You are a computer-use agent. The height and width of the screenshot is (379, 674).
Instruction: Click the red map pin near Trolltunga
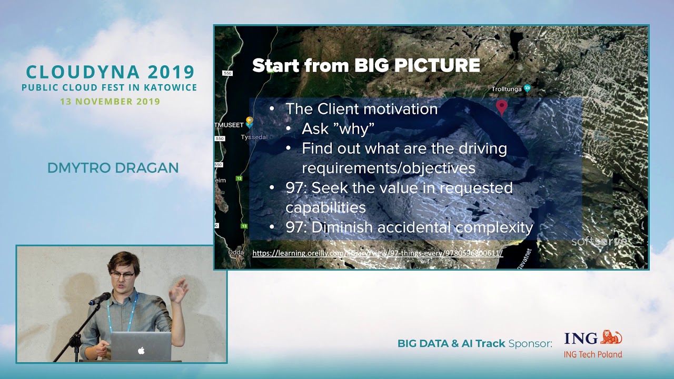pos(502,107)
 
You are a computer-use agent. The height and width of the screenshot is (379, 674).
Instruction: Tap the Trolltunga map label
pos(506,89)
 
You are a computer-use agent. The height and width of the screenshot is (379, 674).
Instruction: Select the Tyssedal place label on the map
pos(254,137)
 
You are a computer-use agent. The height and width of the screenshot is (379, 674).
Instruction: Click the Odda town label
pos(235,252)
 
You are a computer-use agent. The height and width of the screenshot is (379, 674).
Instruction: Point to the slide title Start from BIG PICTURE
pos(366,65)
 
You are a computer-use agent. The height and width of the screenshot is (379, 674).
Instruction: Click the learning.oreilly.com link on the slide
pos(378,253)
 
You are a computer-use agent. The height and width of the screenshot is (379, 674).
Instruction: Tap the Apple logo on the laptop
pos(141,350)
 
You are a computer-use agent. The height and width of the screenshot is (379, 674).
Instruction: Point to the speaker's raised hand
pos(181,289)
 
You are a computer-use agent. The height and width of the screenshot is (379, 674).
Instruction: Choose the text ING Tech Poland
pos(593,354)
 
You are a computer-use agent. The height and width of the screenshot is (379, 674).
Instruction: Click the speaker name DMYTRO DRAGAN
pos(113,168)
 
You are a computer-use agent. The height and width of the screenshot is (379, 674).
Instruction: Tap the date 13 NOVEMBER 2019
pos(110,102)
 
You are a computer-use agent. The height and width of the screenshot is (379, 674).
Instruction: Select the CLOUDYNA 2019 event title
pos(111,72)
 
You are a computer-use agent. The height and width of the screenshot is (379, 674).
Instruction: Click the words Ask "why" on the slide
pos(338,129)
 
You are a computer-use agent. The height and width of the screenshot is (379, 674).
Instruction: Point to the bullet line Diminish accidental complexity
pos(409,227)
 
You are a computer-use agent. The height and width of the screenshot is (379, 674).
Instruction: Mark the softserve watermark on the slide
pos(599,242)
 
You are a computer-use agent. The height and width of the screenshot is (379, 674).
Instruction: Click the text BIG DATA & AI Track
pos(451,344)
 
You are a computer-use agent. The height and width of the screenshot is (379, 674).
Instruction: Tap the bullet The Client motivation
pos(361,109)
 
